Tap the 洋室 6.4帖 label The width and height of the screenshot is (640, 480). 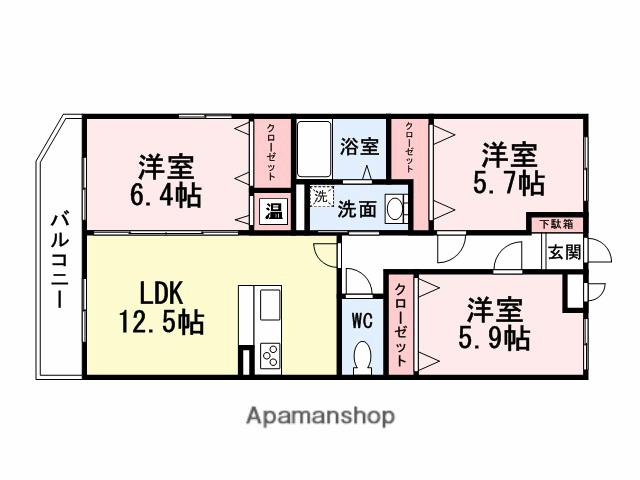(x=165, y=179)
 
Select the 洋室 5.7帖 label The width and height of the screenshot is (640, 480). (x=510, y=169)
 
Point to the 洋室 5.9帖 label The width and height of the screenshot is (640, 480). (x=495, y=323)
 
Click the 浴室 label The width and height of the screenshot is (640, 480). (x=360, y=146)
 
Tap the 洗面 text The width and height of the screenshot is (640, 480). (x=357, y=210)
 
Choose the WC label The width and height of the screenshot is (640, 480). (x=362, y=322)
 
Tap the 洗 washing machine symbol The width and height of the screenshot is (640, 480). (x=320, y=197)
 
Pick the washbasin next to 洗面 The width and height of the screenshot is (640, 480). (x=395, y=209)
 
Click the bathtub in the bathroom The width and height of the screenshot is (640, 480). (x=317, y=150)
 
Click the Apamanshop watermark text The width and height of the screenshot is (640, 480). (x=320, y=414)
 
